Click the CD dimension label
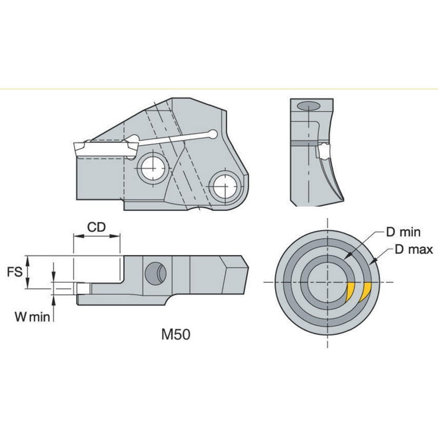[x=97, y=227]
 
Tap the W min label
[x=32, y=317]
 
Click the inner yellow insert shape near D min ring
[x=350, y=292]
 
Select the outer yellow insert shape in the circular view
[x=366, y=292]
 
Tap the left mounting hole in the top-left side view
[x=152, y=167]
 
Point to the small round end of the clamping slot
[x=212, y=133]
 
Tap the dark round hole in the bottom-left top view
[x=155, y=273]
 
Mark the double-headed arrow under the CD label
[x=97, y=236]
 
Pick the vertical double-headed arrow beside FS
[x=29, y=272]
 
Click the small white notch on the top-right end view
[x=323, y=151]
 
